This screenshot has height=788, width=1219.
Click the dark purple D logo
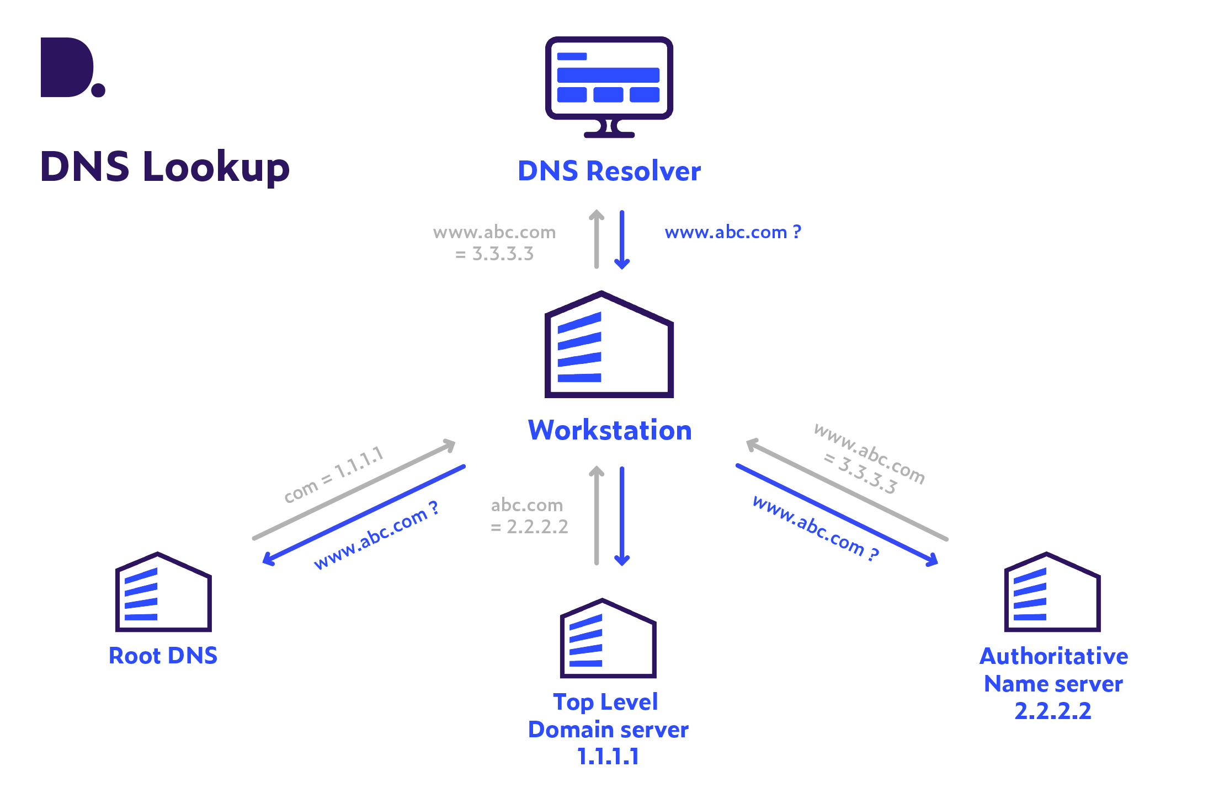tap(69, 68)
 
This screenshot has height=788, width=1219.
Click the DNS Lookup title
tap(165, 167)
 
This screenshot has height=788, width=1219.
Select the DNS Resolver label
tap(609, 171)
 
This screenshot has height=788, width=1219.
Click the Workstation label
tap(609, 431)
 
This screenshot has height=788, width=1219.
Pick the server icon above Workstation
tap(609, 346)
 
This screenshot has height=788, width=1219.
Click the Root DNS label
tap(163, 656)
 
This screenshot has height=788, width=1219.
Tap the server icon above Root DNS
tap(163, 593)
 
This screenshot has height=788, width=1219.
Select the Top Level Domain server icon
tap(608, 639)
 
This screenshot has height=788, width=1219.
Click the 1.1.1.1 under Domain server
tap(608, 756)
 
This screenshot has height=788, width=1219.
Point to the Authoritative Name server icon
tap(1052, 593)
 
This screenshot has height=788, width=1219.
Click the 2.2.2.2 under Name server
tap(1053, 711)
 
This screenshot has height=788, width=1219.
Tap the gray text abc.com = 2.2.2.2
tap(529, 516)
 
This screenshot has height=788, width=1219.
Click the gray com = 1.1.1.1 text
tap(333, 475)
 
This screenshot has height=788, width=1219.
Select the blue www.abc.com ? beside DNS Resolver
tap(733, 232)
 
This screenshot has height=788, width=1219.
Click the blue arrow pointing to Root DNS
tap(364, 515)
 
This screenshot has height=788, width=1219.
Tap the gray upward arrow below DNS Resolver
tap(597, 239)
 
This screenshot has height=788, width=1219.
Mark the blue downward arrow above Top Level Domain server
tap(622, 516)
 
